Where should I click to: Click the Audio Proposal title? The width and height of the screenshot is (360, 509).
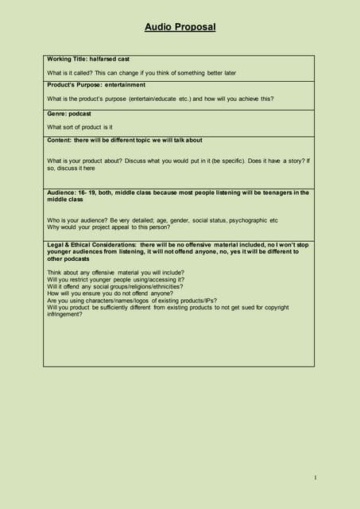pos(180,27)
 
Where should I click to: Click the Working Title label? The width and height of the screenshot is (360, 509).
pos(67,59)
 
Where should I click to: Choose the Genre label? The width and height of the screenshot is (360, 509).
pos(56,114)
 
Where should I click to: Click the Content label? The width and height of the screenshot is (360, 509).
pos(59,140)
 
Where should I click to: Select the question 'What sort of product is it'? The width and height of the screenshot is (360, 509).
pos(79,126)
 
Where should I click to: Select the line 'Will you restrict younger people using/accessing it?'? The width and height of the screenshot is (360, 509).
pos(115,279)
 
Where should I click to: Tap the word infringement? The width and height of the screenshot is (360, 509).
pos(64,313)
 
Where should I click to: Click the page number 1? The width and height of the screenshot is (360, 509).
pos(315,477)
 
